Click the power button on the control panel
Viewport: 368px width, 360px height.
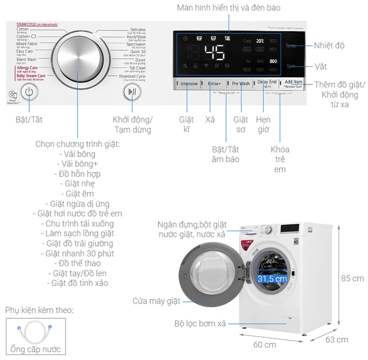(29, 92)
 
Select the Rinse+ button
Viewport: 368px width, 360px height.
(215, 83)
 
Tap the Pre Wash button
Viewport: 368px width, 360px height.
(240, 83)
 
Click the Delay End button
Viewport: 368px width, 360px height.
(266, 83)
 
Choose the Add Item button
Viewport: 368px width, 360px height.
(293, 83)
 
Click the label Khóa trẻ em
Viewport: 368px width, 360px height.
(279, 159)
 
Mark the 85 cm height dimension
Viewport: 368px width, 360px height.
(353, 278)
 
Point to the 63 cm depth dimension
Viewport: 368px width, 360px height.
(337, 339)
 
